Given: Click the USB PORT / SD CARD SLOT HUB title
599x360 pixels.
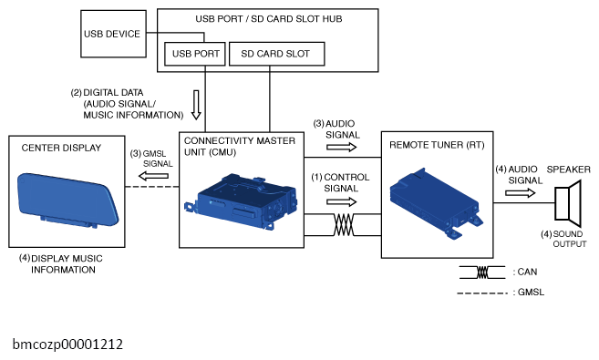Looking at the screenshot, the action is point(269,19).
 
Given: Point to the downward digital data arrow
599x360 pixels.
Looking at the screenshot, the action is point(196,105).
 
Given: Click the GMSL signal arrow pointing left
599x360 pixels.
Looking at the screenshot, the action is point(153,176).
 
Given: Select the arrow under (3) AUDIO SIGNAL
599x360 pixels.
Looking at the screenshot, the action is point(342,147).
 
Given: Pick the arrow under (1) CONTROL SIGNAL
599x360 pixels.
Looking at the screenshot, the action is point(342,202).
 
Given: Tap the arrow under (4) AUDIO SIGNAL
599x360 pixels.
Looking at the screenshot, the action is point(521,193).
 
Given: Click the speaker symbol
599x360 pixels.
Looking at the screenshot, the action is point(568,203).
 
